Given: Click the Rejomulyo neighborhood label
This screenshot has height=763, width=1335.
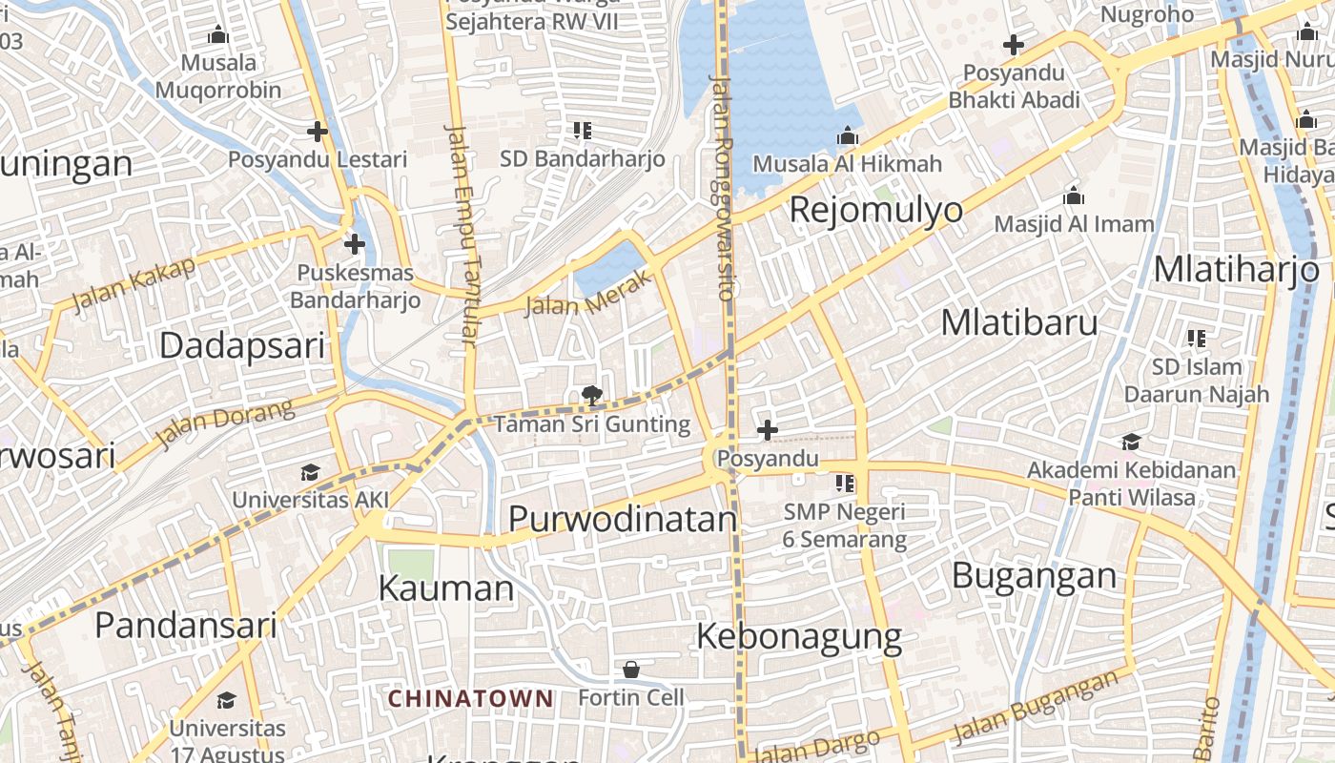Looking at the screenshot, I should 875,210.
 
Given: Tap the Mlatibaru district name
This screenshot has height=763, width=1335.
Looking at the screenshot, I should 1018,323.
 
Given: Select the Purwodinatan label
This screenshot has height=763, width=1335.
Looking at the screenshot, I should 622,519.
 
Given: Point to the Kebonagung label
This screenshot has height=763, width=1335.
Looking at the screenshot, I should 799,636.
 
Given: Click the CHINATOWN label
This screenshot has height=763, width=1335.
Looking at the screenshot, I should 470,698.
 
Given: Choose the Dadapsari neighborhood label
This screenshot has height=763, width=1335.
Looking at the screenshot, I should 242,345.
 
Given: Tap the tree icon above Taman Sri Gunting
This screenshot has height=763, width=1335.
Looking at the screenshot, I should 591,395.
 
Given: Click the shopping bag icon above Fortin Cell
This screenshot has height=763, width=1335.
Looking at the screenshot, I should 630,670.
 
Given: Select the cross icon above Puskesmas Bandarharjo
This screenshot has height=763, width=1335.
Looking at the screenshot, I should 355,244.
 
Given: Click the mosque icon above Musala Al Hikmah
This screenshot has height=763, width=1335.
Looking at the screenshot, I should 847,136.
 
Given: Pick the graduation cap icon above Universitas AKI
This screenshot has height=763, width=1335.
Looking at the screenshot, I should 310,472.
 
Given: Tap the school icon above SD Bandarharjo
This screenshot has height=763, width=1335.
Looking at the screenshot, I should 582,131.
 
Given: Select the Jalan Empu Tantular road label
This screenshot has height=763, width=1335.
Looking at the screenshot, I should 462,234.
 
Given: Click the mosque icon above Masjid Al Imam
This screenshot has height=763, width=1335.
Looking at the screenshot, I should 1074,196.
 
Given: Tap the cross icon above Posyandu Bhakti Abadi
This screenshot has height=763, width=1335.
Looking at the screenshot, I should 1013,45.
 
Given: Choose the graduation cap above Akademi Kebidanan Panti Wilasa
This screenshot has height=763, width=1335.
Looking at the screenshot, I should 1131,442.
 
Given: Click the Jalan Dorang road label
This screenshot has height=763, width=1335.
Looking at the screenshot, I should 225,424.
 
